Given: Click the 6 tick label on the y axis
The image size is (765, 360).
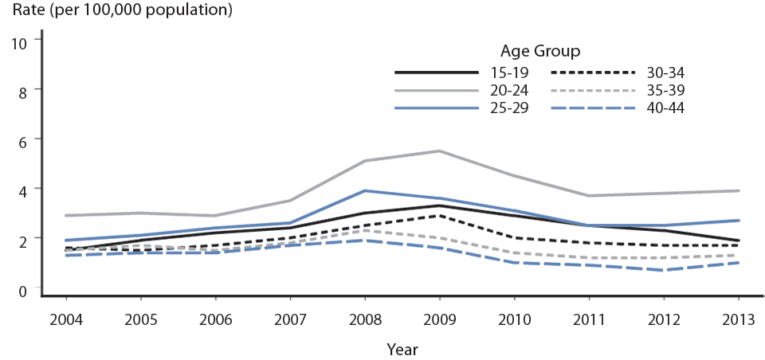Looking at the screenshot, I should point(22,140).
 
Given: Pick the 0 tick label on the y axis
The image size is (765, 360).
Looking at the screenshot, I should point(22,289).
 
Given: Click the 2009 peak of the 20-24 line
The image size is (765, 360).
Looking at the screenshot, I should point(439,151).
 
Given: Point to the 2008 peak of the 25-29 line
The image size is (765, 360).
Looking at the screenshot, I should point(365,190).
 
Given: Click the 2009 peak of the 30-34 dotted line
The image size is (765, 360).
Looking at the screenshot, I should point(439,215).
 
